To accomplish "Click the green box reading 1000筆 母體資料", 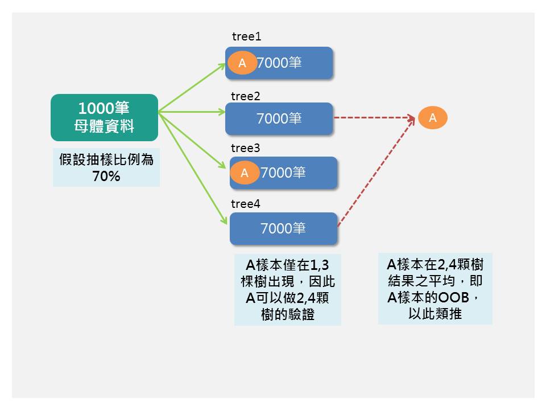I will point(104,117).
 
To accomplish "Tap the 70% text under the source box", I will point(106,176).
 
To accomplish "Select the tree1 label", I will point(246,36).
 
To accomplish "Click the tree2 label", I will point(245,96).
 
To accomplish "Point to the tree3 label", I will point(245,148).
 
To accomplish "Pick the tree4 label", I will point(245,204).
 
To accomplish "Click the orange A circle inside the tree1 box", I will point(242,63).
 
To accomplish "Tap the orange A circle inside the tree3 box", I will point(245,173).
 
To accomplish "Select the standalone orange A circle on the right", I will point(433,118).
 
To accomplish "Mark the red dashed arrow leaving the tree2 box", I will point(373,118).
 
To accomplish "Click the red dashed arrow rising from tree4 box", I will point(375,173).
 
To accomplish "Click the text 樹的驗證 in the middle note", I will point(288,314).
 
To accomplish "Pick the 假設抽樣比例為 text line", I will point(106,159).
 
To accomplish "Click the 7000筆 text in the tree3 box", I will point(283,173).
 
